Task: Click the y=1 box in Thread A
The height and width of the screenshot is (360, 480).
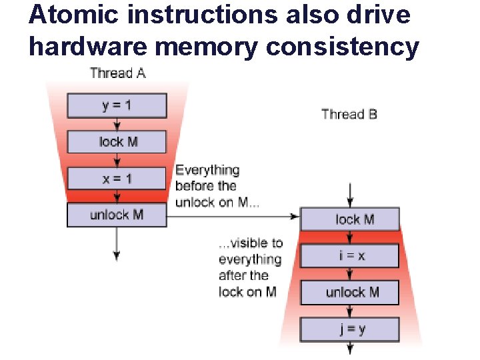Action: [117, 106]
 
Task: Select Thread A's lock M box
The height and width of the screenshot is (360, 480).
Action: [117, 142]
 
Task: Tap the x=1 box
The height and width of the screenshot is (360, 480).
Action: [117, 179]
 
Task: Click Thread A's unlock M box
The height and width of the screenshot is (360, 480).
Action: [117, 215]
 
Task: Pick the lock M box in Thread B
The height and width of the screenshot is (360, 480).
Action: [350, 219]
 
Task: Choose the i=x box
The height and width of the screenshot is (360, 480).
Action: [350, 256]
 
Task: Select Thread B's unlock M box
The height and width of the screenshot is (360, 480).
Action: [350, 293]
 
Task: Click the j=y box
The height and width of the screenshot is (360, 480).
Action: [350, 329]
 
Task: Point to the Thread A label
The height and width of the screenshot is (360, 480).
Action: [117, 73]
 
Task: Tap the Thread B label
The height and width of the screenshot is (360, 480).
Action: [349, 114]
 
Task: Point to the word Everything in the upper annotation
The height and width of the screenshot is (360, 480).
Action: [207, 170]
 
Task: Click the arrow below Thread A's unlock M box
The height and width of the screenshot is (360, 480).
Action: [117, 243]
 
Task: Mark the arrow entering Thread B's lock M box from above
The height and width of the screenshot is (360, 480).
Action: [350, 195]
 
